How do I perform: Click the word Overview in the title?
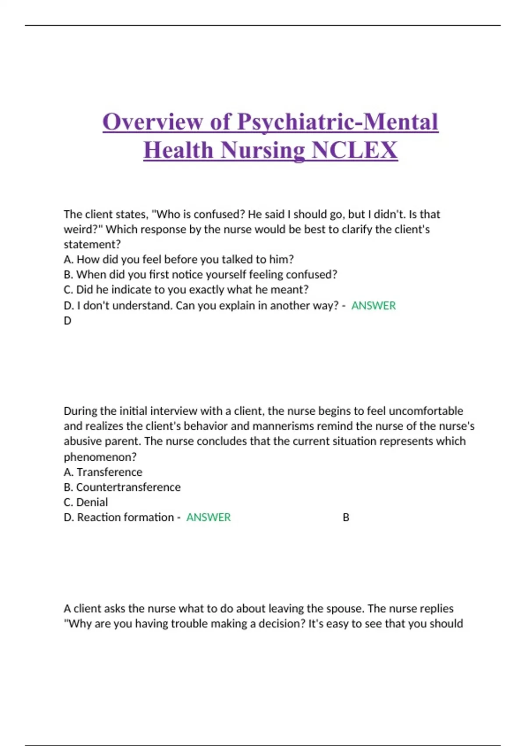point(152,122)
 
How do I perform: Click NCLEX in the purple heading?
point(354,150)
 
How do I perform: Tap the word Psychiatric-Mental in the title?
point(338,122)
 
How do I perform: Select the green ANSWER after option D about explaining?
point(373,305)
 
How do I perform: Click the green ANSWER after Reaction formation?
point(208,517)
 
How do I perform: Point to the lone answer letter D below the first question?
point(68,321)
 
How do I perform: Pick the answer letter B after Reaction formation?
point(346,517)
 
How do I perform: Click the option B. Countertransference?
point(122,487)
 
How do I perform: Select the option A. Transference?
point(103,472)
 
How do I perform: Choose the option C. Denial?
point(85,502)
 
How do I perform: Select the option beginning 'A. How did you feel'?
point(178,259)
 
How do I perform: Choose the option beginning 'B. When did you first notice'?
point(200,275)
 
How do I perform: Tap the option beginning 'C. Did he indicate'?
point(186,290)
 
